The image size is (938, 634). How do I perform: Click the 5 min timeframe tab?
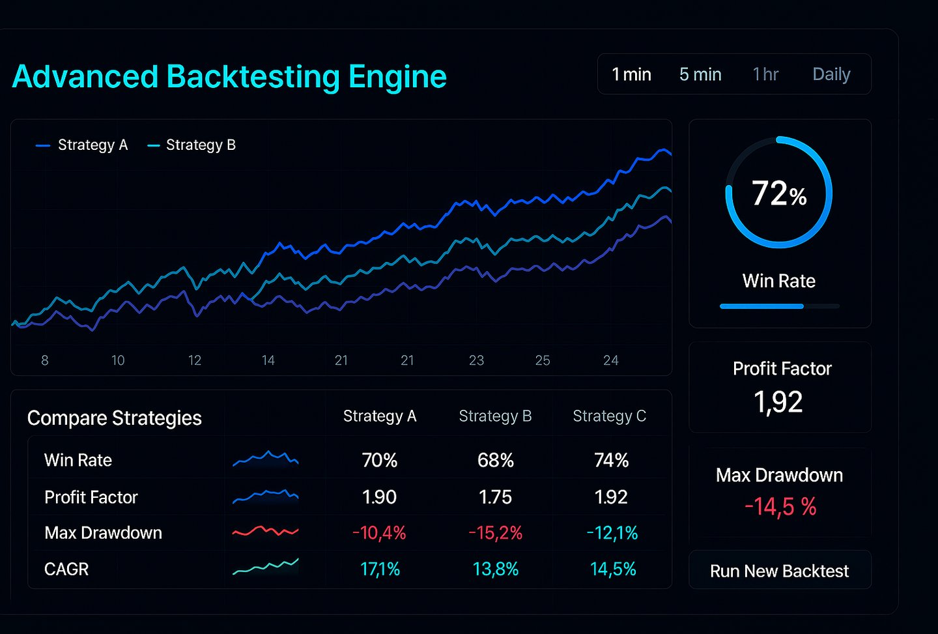[x=700, y=74]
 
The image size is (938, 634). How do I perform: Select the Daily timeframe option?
[x=831, y=74]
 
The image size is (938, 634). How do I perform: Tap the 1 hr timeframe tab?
[x=765, y=74]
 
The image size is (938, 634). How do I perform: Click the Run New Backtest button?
[x=780, y=571]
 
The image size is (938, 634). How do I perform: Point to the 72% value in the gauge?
[x=778, y=194]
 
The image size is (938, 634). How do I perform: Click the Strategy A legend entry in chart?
[x=82, y=145]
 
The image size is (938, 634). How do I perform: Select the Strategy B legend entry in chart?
[x=192, y=145]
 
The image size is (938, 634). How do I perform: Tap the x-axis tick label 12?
[x=195, y=360]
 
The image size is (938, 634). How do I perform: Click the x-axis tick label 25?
[x=543, y=360]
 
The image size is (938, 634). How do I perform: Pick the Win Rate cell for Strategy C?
[x=611, y=460]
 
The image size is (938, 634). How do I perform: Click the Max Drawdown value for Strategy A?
[x=379, y=533]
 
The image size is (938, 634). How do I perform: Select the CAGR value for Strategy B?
[x=495, y=569]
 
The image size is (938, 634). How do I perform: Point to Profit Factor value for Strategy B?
[x=495, y=497]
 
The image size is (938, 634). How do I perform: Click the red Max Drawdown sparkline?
[x=265, y=531]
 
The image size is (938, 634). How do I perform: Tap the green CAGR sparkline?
[x=265, y=567]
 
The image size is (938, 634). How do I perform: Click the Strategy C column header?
[x=609, y=416]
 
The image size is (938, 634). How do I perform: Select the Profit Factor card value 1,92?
[x=778, y=402]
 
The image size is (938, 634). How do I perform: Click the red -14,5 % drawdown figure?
[x=780, y=507]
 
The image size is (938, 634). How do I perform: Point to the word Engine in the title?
[x=397, y=76]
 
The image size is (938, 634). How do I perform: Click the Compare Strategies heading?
[x=115, y=418]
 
